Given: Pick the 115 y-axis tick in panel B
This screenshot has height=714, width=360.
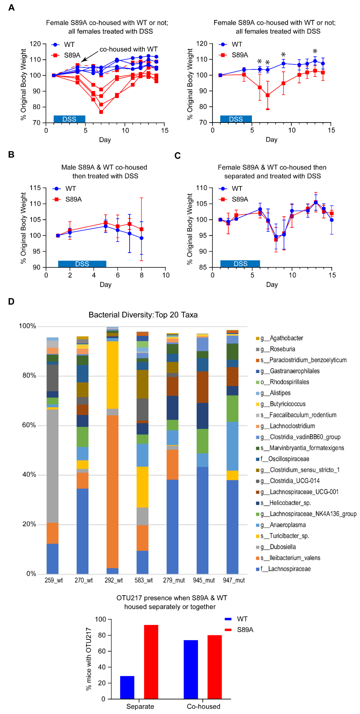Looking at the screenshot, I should (x=35, y=188).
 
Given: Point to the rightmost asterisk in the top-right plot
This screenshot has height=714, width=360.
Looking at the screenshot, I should (x=315, y=51).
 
